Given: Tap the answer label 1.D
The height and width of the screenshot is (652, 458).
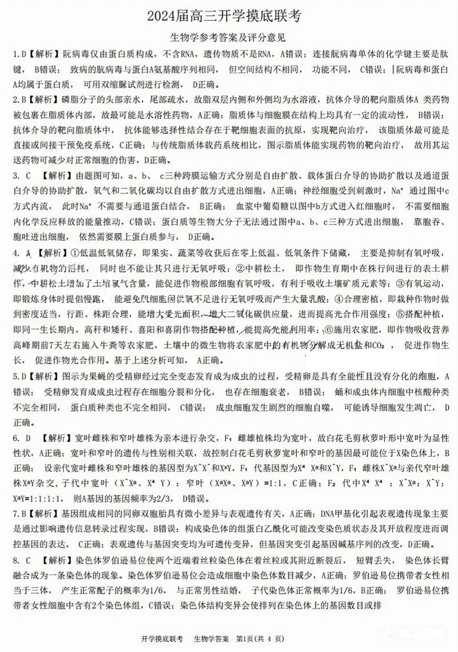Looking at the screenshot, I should pos(19,54).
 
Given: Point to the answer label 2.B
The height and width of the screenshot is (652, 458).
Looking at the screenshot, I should pos(19,99).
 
